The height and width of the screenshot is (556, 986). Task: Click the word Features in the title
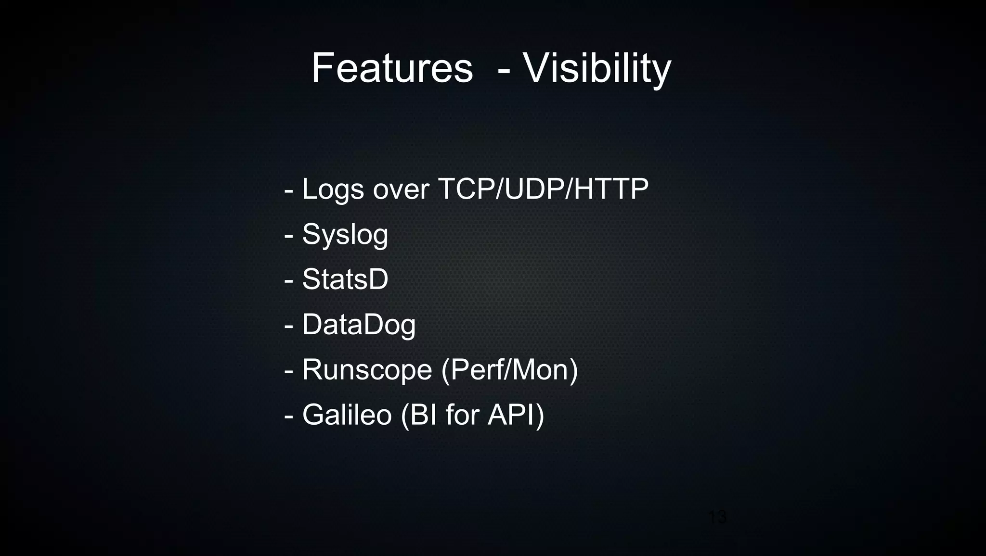coord(392,68)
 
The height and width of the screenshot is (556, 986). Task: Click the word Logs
coord(333,190)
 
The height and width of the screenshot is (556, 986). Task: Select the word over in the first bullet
coord(401,190)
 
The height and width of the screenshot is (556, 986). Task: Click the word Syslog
coord(345,235)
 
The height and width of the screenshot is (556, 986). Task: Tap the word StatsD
coord(345,279)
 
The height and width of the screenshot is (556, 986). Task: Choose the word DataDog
coord(359,325)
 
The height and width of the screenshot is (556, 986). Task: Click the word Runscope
coord(367,370)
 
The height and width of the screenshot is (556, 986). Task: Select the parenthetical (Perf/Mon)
coord(509,370)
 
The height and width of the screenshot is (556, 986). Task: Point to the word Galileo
coord(347,415)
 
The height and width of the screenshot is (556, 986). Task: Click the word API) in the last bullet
coord(516,415)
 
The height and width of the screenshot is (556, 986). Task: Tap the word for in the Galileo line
coord(463,415)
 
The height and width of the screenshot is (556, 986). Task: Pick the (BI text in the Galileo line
coord(419,415)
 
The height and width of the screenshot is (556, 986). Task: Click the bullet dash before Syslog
coord(289,236)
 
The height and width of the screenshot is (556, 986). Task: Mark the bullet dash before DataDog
coord(289,326)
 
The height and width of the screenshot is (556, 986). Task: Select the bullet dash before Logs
coord(289,191)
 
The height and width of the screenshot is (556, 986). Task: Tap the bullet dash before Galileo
coord(289,416)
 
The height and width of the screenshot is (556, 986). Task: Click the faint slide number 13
coord(717,518)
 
